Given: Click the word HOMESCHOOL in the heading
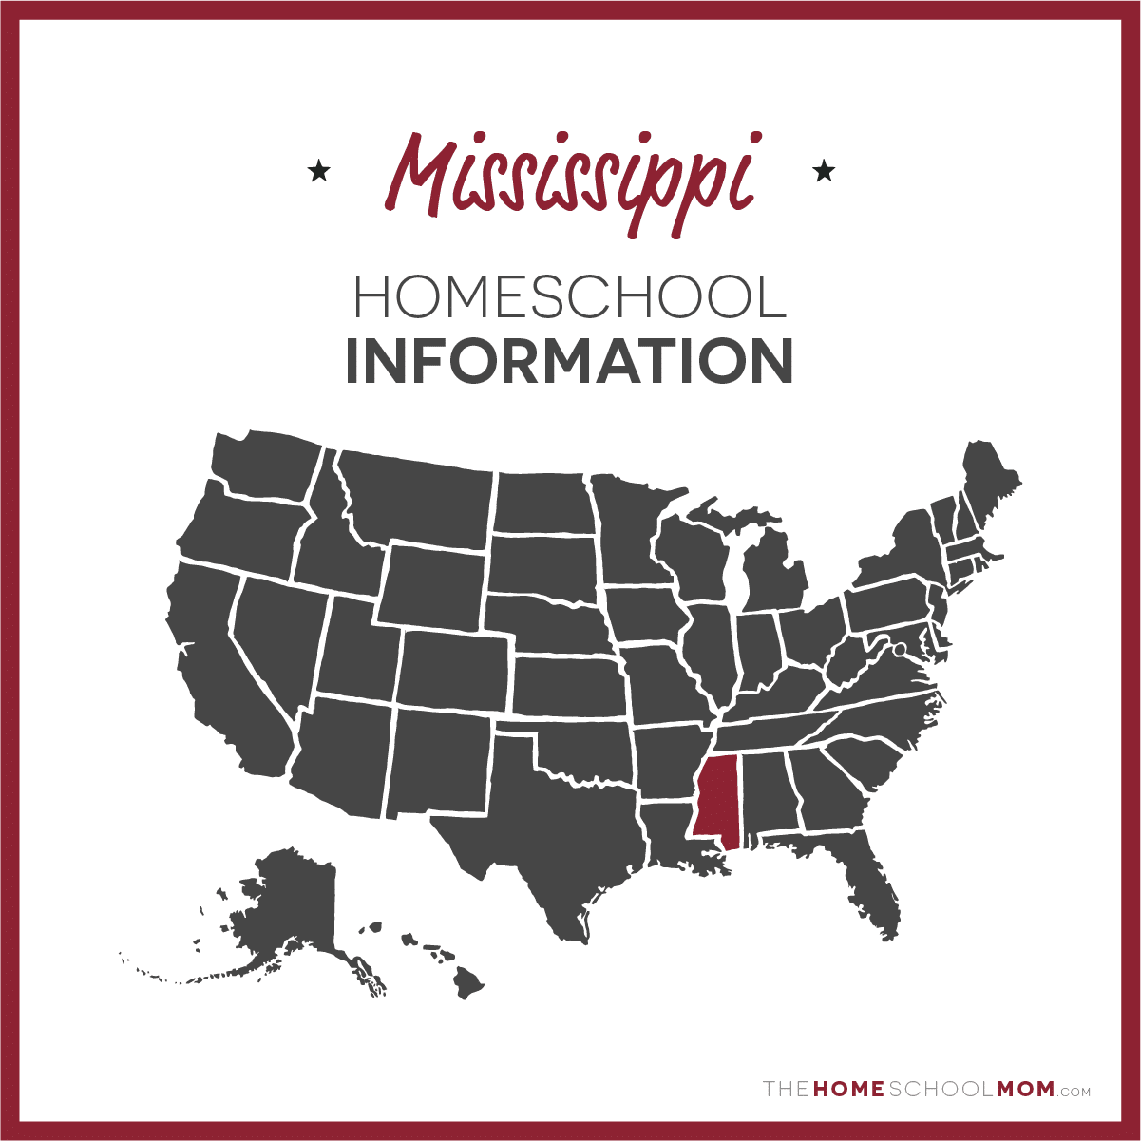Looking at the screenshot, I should [x=570, y=297].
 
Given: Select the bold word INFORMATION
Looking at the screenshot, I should [x=569, y=361].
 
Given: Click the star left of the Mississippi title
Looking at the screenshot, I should [x=319, y=172].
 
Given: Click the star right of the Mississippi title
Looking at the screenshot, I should [x=824, y=172].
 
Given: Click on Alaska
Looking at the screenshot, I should [x=295, y=903].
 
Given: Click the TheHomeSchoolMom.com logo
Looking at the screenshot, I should [x=926, y=1090].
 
